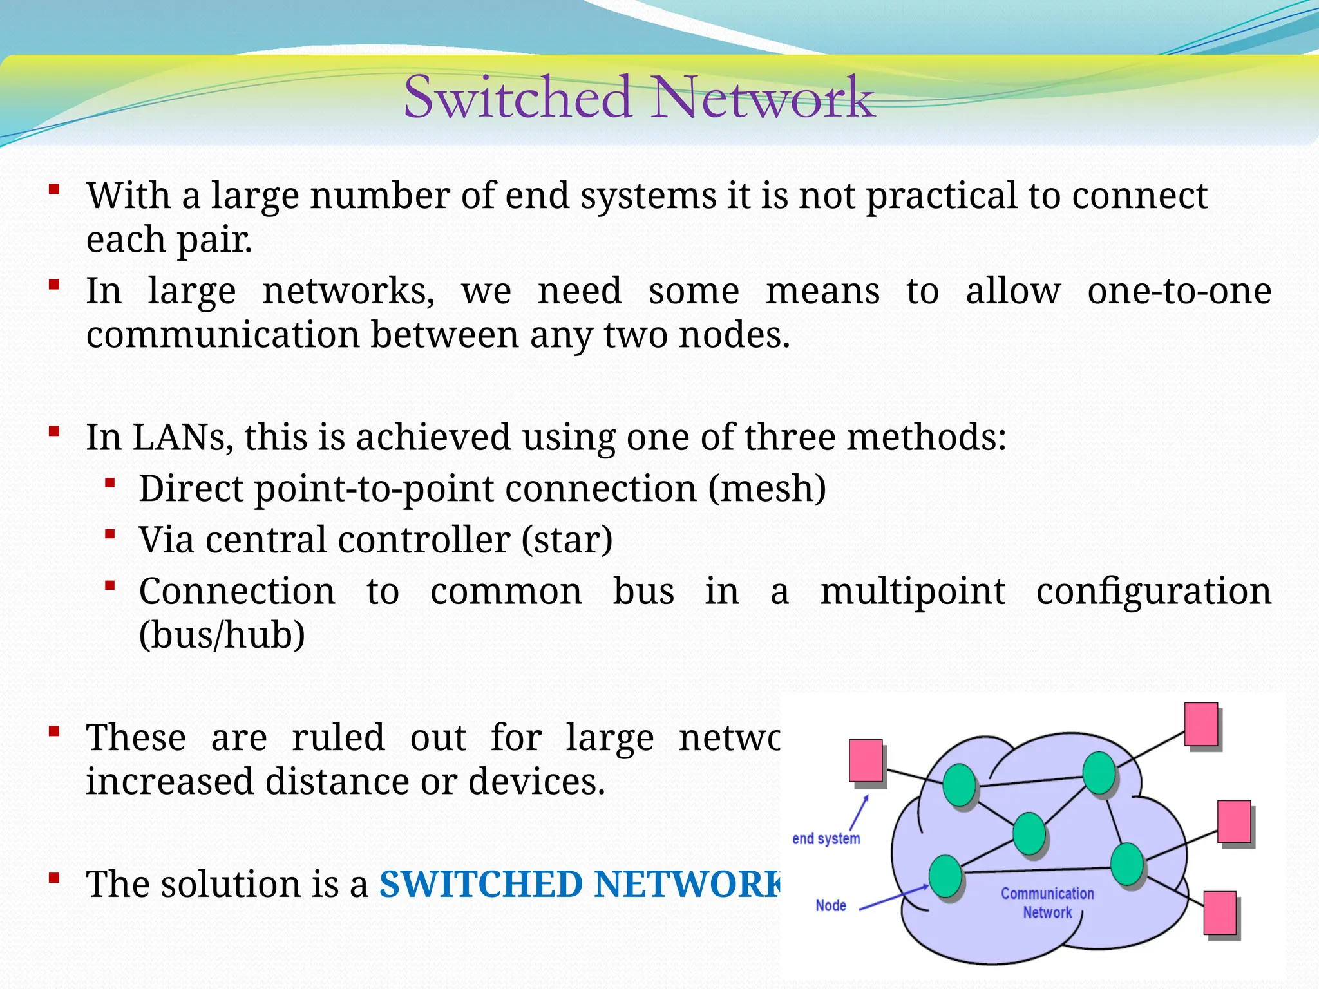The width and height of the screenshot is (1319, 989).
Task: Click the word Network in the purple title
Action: (763, 97)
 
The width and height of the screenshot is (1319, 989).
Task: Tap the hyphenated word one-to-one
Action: (1179, 291)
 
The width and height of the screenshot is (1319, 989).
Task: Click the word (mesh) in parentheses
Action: (767, 489)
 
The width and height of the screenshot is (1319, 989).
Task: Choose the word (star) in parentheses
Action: (567, 540)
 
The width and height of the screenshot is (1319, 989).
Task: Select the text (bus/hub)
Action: (222, 635)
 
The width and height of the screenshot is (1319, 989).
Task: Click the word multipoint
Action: (912, 591)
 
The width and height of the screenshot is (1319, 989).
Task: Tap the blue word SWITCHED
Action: (480, 884)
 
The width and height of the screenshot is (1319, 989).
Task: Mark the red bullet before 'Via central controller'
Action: (110, 534)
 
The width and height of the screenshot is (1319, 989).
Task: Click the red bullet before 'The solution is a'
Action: (54, 878)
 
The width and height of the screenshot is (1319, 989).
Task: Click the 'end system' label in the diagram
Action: (826, 839)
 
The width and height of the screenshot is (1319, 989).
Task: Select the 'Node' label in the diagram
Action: (830, 905)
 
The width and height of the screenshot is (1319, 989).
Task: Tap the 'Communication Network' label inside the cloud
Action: (1047, 903)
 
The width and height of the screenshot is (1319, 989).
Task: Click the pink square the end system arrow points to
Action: (866, 761)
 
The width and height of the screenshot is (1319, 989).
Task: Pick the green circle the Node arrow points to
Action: (945, 876)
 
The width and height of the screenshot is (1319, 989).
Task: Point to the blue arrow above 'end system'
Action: (859, 813)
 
